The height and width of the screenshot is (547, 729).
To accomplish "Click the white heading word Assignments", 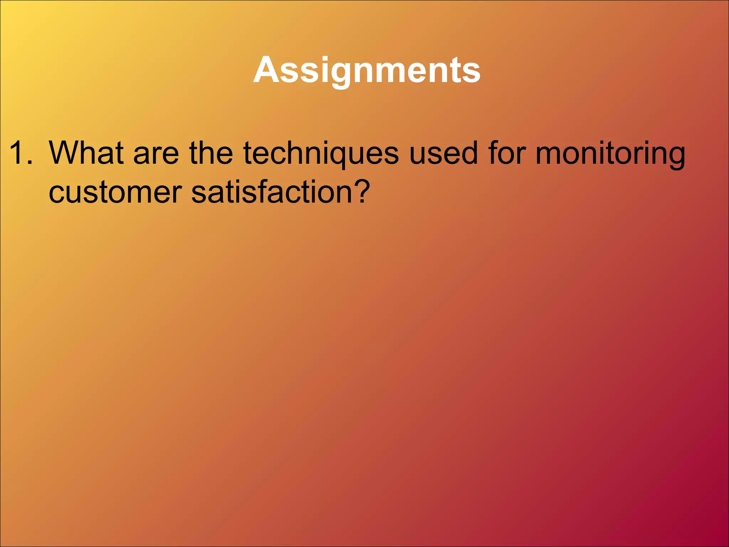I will [367, 70].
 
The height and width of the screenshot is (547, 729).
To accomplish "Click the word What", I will [86, 153].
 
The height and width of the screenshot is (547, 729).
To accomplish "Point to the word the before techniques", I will [211, 153].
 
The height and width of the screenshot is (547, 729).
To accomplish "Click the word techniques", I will [321, 153].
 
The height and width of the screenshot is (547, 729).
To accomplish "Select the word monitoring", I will [610, 153].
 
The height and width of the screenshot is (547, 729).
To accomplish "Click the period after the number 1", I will [30, 162].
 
